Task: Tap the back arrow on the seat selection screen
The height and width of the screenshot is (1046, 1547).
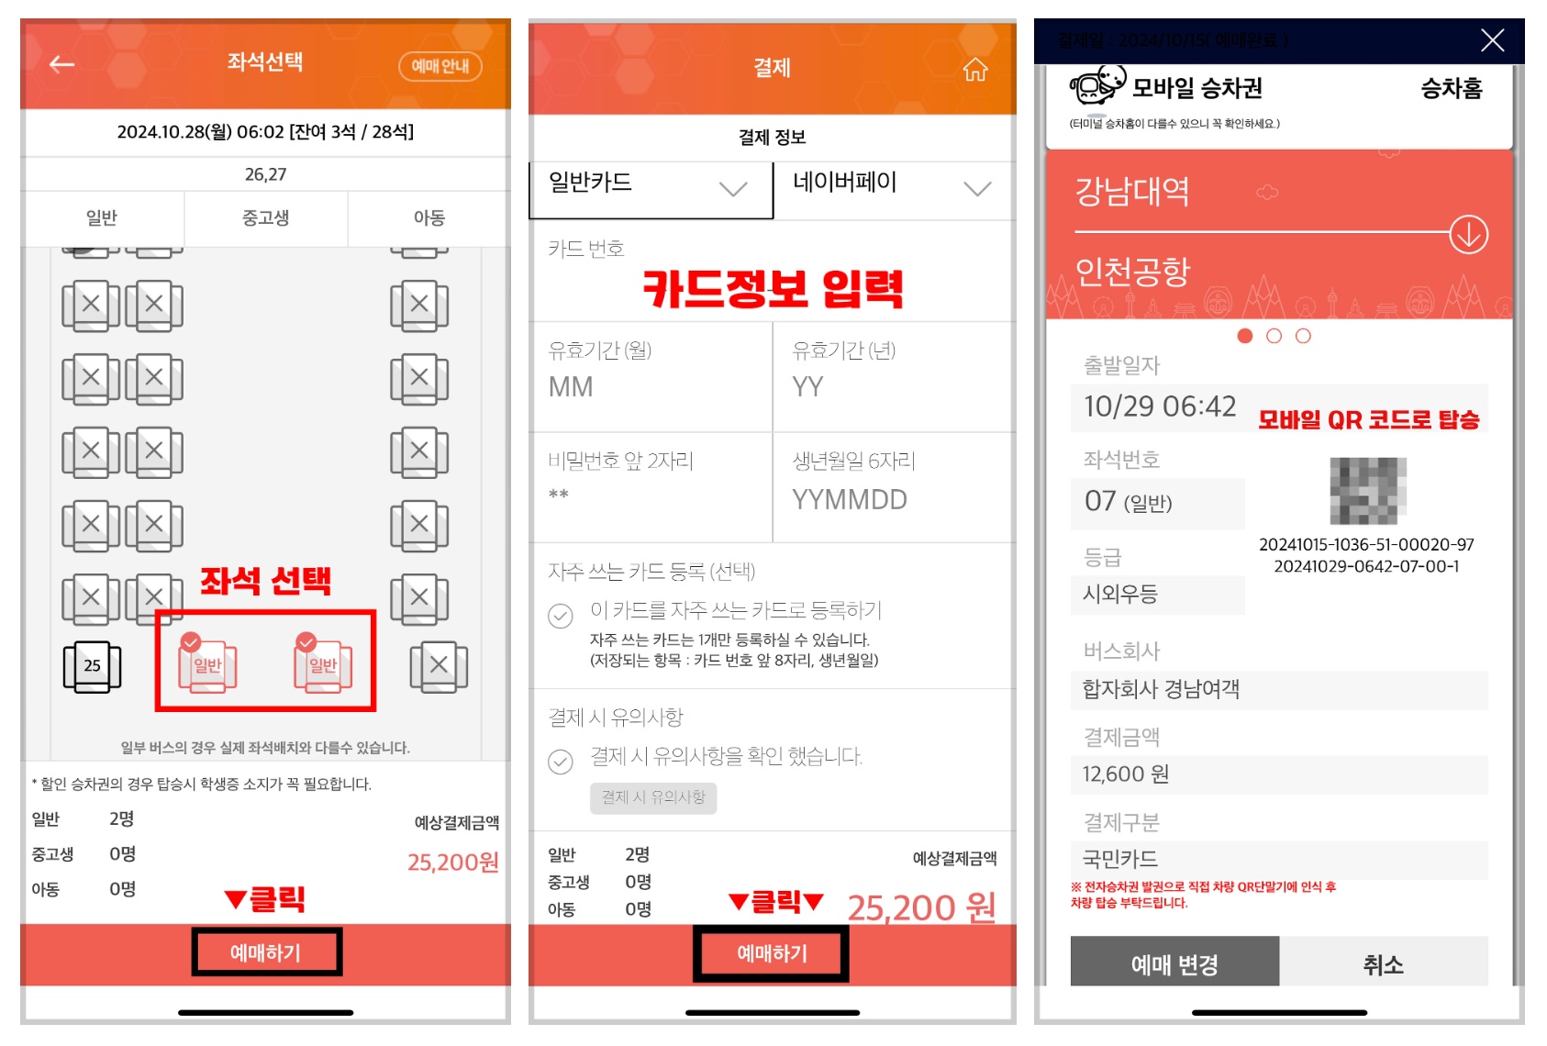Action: click(62, 64)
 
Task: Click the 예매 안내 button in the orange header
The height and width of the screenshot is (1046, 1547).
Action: click(440, 66)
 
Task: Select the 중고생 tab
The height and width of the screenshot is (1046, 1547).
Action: click(265, 218)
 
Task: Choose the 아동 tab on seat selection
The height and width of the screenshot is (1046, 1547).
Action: click(428, 218)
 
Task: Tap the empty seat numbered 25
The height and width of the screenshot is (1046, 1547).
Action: click(92, 666)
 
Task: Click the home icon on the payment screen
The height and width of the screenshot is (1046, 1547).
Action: click(975, 70)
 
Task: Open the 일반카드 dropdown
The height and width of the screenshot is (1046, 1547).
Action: click(651, 188)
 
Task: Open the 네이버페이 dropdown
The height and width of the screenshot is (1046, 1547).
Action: click(894, 188)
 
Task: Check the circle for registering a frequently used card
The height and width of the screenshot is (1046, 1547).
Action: click(561, 616)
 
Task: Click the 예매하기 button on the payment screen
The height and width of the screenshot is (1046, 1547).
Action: click(772, 954)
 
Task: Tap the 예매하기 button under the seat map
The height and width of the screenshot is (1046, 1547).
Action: click(266, 952)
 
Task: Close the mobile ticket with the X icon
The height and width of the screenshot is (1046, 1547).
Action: click(1492, 40)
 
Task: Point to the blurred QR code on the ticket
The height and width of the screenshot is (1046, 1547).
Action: click(1368, 491)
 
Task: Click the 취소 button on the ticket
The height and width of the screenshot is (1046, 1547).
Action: click(1383, 964)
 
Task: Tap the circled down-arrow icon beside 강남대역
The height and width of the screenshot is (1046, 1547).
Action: click(1468, 235)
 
